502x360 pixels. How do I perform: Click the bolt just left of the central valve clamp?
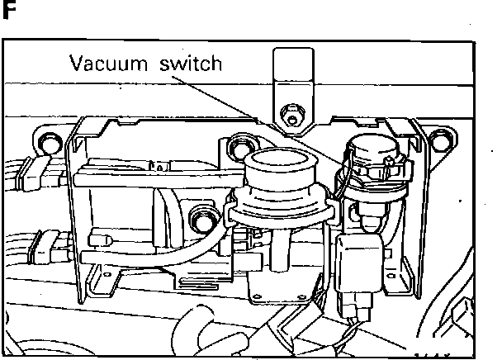201,219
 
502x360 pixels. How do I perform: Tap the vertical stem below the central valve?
281,248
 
